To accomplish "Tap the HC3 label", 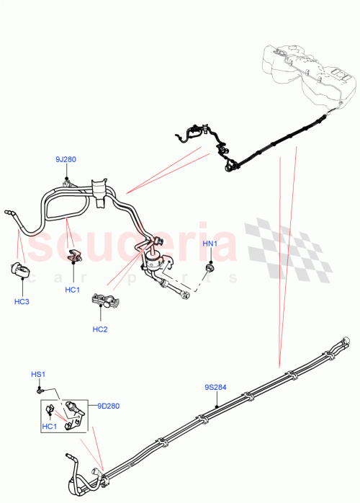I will (22, 301).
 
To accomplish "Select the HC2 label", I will (100, 329).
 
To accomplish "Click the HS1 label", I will (37, 374).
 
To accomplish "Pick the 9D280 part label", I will (109, 406).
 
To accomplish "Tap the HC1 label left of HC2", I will (72, 290).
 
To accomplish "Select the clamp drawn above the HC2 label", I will (104, 301).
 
